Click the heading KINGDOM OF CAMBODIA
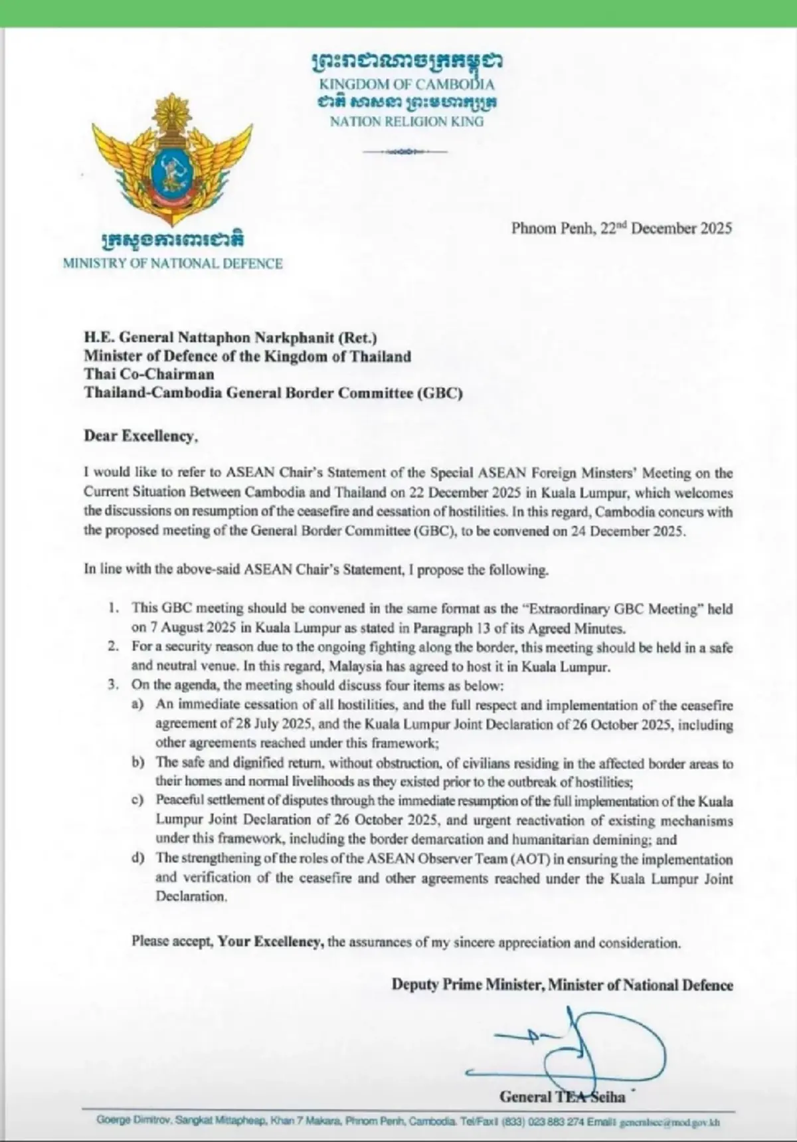[x=406, y=84]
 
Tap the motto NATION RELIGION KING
[x=406, y=122]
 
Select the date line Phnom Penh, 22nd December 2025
[x=621, y=229]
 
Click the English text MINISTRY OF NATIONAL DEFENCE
[x=173, y=264]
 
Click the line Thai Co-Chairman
[x=149, y=375]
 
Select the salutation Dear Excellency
[x=140, y=436]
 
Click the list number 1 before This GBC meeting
[x=115, y=608]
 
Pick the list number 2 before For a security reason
[x=115, y=646]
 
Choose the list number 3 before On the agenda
[x=115, y=686]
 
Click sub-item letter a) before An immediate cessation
[x=137, y=705]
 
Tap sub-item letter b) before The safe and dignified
[x=137, y=763]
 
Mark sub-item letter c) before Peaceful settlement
[x=137, y=802]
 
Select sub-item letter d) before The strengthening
[x=137, y=858]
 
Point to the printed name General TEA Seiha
[x=562, y=1096]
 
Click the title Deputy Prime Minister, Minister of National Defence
[x=562, y=985]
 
